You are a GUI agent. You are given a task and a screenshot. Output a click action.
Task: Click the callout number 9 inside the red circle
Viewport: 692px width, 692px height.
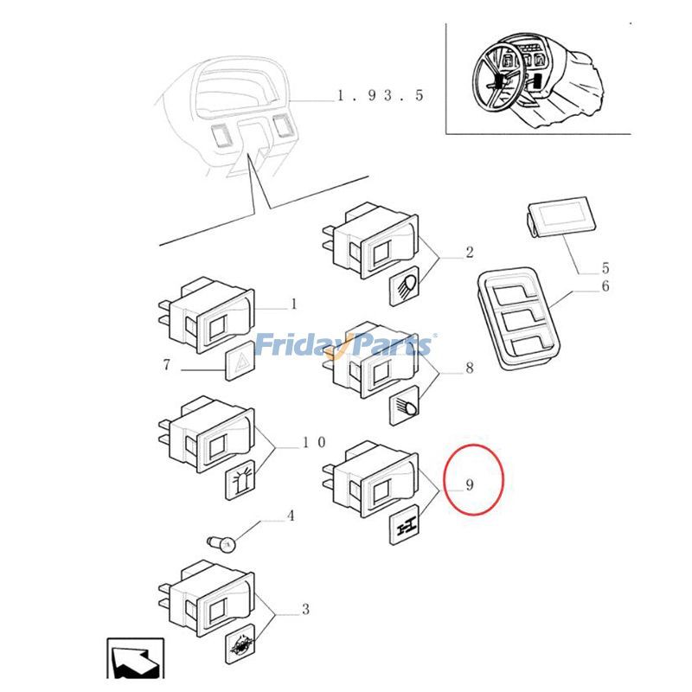coord(469,485)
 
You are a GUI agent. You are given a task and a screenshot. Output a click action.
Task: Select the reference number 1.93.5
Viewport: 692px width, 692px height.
coord(380,95)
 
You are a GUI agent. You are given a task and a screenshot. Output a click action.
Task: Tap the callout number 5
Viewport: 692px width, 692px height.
coord(605,268)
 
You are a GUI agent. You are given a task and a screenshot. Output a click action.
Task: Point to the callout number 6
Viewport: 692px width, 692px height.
coord(605,286)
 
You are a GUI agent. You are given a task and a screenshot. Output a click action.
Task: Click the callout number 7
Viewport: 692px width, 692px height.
coord(167,365)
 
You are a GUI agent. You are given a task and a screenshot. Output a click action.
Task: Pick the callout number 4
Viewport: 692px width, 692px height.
coord(291,516)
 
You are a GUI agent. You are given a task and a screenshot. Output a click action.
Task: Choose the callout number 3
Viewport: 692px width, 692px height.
coord(304,610)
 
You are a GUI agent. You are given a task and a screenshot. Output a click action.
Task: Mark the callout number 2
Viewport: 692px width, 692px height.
coord(469,253)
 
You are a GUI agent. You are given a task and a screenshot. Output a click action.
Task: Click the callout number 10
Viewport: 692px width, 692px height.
coord(313,443)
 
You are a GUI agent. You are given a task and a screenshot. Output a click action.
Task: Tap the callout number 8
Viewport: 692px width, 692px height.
coord(469,368)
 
